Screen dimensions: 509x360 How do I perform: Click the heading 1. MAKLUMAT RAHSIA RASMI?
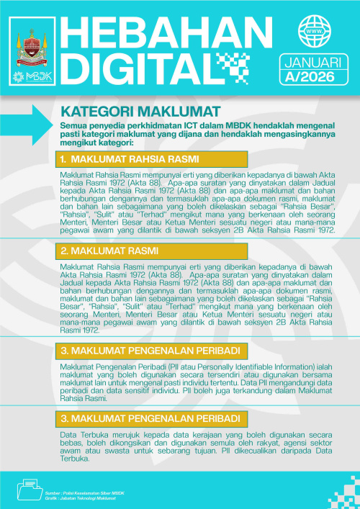click(x=130, y=158)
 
